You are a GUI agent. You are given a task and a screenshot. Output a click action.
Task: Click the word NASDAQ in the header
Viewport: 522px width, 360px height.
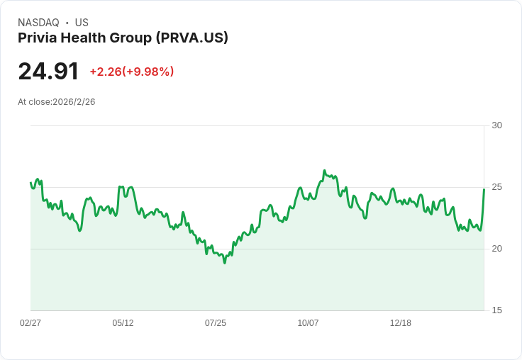click(x=38, y=23)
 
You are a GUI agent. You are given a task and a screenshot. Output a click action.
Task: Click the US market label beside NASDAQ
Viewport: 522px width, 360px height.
click(x=82, y=23)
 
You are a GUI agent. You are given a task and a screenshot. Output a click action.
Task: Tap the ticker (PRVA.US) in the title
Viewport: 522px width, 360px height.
click(x=192, y=38)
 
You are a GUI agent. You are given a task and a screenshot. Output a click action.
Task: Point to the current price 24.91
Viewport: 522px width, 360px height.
click(x=48, y=72)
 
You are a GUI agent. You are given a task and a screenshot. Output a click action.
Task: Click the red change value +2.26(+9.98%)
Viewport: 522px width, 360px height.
click(x=131, y=72)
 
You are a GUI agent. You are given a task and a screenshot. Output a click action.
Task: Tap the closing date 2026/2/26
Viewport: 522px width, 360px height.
click(x=74, y=102)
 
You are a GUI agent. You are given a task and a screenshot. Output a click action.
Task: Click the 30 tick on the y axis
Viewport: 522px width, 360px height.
click(x=496, y=125)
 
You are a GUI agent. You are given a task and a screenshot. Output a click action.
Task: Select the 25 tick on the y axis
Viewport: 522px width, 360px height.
click(x=496, y=187)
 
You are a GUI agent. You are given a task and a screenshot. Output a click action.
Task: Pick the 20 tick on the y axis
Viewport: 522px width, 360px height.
click(x=496, y=249)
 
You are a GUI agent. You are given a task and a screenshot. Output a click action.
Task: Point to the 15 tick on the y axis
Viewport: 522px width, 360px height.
click(x=496, y=310)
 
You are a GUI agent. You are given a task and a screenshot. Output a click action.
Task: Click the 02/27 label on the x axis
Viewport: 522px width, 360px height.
click(x=30, y=323)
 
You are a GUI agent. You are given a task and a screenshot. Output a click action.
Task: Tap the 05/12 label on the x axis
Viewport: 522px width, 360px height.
click(x=123, y=323)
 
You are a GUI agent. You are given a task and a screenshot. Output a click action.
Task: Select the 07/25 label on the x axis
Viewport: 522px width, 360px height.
click(x=216, y=323)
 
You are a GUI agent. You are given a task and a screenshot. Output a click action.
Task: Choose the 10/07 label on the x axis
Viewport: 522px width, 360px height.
click(x=308, y=323)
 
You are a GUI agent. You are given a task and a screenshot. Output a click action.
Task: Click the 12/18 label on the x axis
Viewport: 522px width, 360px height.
click(x=400, y=323)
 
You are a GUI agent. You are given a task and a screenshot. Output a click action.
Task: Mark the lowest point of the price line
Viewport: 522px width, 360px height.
click(x=225, y=263)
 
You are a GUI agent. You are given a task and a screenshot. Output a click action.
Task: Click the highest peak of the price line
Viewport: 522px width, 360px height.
click(x=324, y=171)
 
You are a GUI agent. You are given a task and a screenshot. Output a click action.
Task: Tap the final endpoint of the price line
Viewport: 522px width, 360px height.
click(x=484, y=189)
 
